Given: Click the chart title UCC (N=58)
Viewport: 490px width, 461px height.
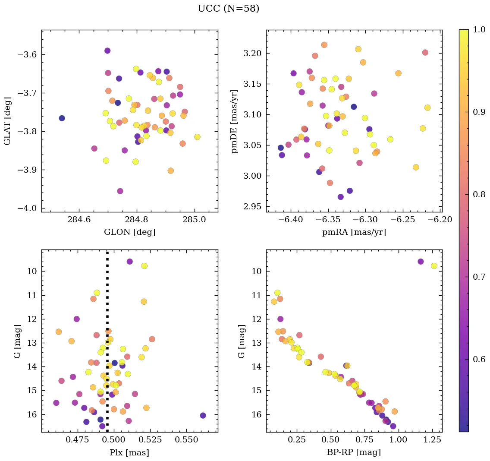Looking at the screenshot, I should [x=228, y=9].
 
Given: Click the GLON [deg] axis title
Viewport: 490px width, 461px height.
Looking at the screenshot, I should [x=129, y=232].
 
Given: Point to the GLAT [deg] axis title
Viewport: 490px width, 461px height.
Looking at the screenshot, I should [x=7, y=121].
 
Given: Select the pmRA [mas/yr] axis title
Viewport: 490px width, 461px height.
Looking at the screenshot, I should [x=354, y=232].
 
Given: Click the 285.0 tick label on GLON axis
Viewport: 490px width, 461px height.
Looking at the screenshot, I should [x=194, y=220].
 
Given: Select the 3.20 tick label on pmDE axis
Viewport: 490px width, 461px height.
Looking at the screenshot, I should [x=253, y=54].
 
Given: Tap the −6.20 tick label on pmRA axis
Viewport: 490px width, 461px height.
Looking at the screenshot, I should [x=440, y=220].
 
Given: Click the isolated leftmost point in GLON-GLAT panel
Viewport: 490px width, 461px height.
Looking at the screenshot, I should [x=62, y=118].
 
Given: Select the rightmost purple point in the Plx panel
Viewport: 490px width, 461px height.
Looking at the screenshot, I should [x=203, y=415].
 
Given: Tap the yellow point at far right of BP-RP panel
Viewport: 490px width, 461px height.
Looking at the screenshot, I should [x=434, y=266].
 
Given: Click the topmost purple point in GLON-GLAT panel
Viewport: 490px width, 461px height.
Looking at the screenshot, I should [x=107, y=51].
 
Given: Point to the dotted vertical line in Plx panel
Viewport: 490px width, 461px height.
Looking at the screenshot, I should [x=107, y=302].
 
